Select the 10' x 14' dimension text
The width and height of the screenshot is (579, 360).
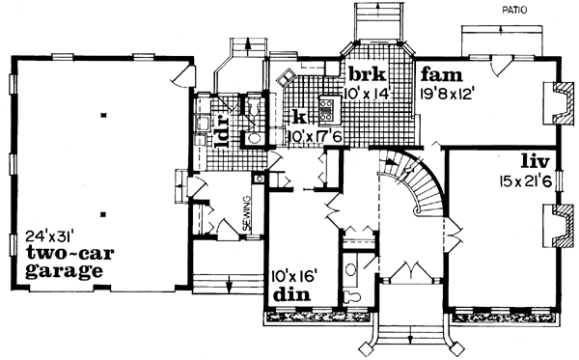(364, 94)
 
